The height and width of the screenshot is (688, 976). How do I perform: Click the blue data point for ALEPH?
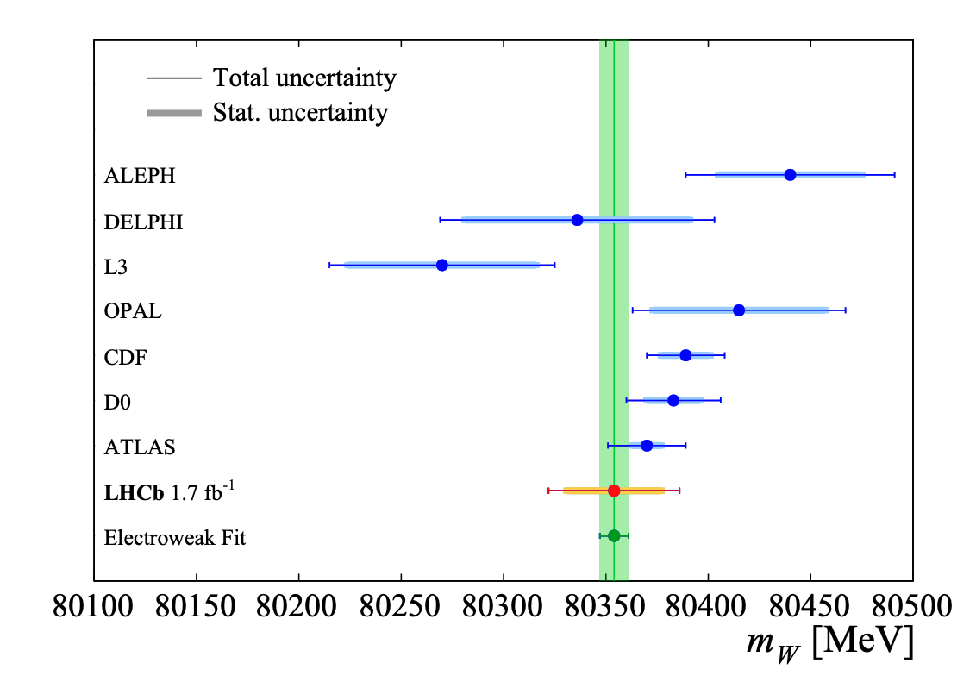click(x=790, y=175)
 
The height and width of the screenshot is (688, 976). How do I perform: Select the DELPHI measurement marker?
click(x=577, y=220)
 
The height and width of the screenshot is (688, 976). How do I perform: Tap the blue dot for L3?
click(x=442, y=265)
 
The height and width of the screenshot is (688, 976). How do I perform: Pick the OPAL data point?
click(x=739, y=310)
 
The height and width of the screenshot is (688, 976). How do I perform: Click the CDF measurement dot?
click(x=685, y=355)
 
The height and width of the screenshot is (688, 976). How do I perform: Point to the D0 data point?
click(x=673, y=400)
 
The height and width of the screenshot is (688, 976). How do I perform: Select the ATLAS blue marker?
click(x=647, y=446)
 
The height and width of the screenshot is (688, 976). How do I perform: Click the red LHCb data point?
click(x=614, y=491)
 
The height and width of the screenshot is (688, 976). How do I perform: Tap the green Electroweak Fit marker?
click(x=614, y=535)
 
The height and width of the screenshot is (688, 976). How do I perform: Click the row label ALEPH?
click(x=140, y=176)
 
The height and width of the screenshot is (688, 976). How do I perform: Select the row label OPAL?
click(x=133, y=311)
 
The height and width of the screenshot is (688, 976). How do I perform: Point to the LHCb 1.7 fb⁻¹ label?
click(x=170, y=492)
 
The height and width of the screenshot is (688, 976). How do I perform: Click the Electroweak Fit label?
click(x=175, y=538)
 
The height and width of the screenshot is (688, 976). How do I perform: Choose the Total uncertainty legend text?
click(x=304, y=78)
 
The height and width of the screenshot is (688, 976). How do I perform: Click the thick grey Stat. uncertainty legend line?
click(x=174, y=113)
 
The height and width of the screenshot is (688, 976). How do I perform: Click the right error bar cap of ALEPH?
click(x=895, y=175)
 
